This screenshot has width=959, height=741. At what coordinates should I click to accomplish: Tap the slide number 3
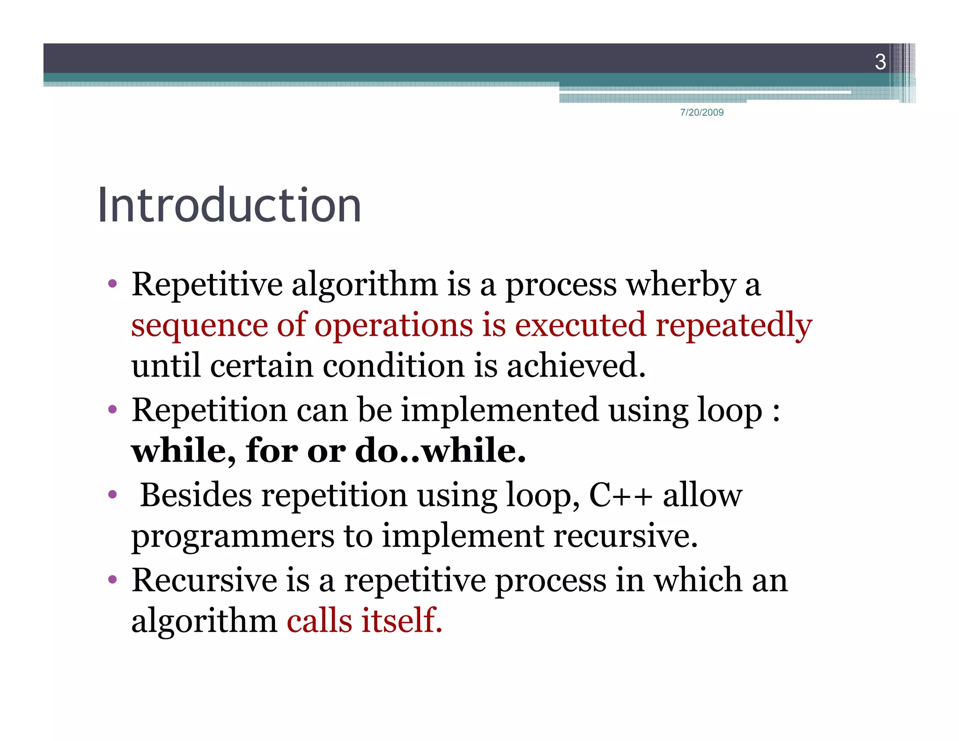coord(880,62)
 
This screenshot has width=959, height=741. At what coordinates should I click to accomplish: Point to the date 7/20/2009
coord(701,112)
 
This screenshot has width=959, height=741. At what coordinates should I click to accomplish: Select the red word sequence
coord(199,326)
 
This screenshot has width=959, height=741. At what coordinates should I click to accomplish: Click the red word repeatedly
coord(734,326)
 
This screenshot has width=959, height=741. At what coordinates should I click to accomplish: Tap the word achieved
coord(576,365)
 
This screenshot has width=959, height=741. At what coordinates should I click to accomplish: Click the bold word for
coord(272,451)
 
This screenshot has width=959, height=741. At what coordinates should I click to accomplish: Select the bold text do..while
coord(440,451)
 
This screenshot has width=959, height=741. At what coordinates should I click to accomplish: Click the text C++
coord(620,495)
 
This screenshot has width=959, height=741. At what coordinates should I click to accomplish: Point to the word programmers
coord(233,536)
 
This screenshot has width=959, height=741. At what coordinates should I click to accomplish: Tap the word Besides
coord(196,495)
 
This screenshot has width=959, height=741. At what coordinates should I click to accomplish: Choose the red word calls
coord(319,621)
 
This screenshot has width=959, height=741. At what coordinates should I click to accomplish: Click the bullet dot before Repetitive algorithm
coord(112,284)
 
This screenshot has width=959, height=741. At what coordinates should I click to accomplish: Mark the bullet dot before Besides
coord(112,495)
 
